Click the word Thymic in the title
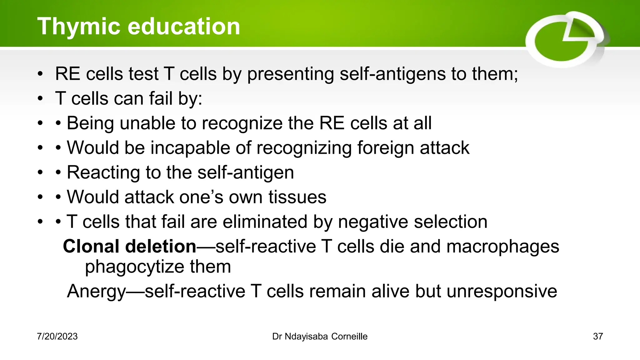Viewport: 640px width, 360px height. click(78, 27)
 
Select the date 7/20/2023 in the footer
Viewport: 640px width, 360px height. click(57, 337)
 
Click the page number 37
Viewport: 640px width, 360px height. click(598, 337)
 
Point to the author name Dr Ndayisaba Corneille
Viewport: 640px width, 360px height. click(320, 337)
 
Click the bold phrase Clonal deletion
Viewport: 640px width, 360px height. click(129, 247)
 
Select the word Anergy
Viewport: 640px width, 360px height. click(96, 292)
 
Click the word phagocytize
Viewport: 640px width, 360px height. click(135, 267)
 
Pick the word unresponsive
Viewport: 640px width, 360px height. click(502, 292)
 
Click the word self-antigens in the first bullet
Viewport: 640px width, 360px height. click(393, 74)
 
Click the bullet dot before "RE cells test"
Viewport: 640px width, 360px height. click(40, 74)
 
